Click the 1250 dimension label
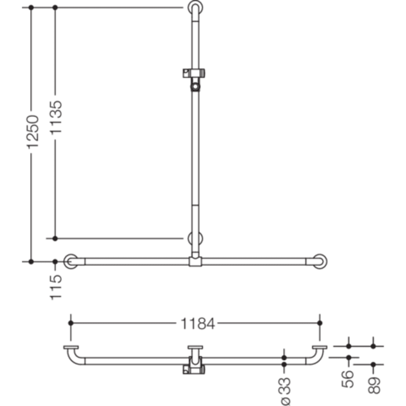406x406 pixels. pyautogui.click(x=31, y=131)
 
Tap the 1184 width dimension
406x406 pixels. pyautogui.click(x=198, y=324)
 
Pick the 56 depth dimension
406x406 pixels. pyautogui.click(x=349, y=379)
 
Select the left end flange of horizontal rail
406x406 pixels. pyautogui.click(x=71, y=261)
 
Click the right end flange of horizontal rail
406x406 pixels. pyautogui.click(x=320, y=261)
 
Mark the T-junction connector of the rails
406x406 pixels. pyautogui.click(x=195, y=261)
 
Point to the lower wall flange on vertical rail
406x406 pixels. pyautogui.click(x=195, y=239)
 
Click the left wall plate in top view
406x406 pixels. pyautogui.click(x=71, y=347)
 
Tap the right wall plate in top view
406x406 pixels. pyautogui.click(x=319, y=347)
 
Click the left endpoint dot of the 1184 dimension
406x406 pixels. pyautogui.click(x=71, y=323)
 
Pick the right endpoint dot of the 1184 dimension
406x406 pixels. pyautogui.click(x=319, y=323)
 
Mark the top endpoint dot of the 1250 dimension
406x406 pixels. pyautogui.click(x=31, y=8)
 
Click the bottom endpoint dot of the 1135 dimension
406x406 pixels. pyautogui.click(x=55, y=238)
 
